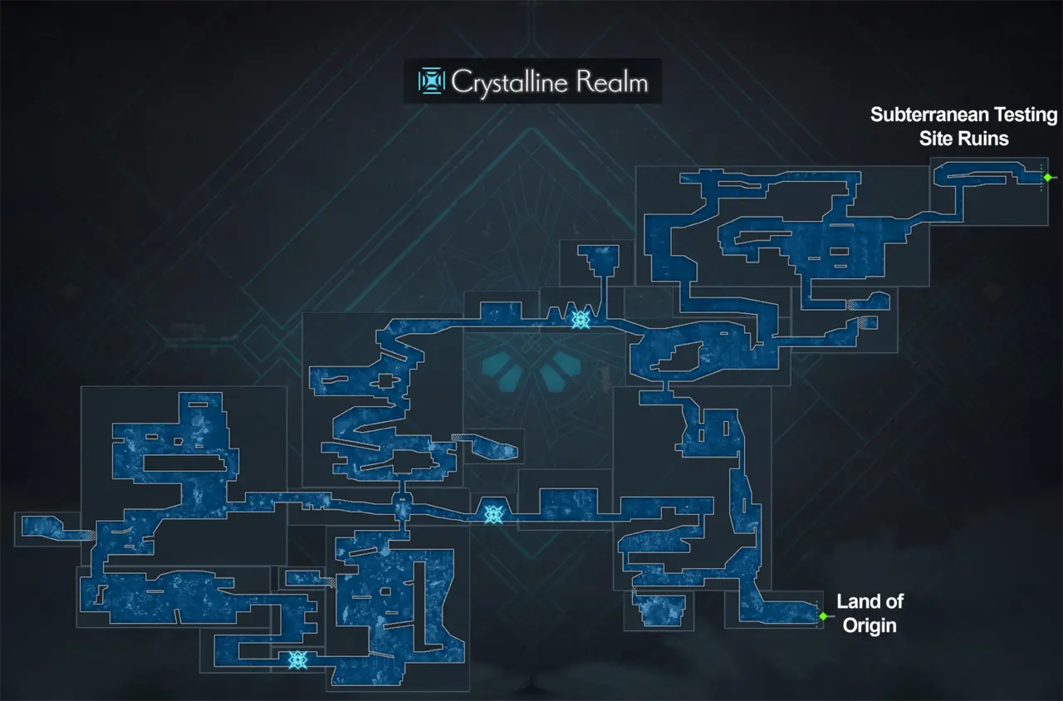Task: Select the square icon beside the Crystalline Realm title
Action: (431, 81)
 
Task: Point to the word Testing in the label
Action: (1026, 115)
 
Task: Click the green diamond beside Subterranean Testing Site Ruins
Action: (1047, 177)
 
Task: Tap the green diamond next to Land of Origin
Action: (823, 616)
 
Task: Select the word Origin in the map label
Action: (870, 625)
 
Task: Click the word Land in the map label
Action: (870, 601)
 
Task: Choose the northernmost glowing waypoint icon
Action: (580, 318)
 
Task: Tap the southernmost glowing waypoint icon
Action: (296, 659)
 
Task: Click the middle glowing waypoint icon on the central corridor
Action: (494, 515)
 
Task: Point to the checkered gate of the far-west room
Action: (89, 537)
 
